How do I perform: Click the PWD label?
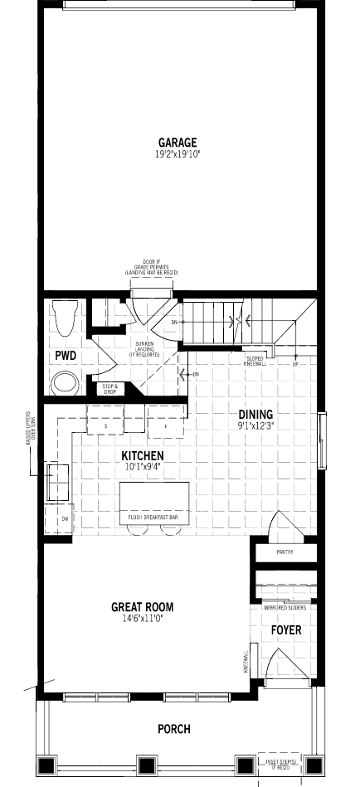click(x=66, y=355)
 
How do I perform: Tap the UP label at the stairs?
click(x=294, y=363)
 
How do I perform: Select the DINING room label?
click(x=256, y=415)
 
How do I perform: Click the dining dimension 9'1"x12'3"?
click(x=256, y=425)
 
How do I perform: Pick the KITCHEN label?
click(x=143, y=456)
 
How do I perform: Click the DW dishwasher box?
click(x=65, y=518)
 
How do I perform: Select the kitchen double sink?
click(x=57, y=479)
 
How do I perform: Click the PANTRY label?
click(x=285, y=551)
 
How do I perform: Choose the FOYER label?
click(x=285, y=631)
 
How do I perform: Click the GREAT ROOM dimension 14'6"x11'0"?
click(x=142, y=618)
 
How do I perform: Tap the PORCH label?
click(x=173, y=729)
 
